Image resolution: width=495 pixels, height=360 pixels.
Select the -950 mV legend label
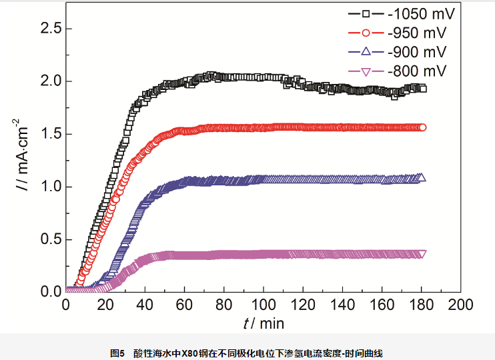click(x=418, y=33)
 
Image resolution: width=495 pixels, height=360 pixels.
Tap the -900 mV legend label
click(x=418, y=52)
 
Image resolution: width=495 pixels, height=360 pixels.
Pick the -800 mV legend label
click(x=418, y=71)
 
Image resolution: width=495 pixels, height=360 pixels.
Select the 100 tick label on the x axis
click(x=263, y=305)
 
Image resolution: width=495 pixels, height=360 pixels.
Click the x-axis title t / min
click(x=264, y=324)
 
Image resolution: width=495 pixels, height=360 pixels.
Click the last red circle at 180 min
click(x=422, y=127)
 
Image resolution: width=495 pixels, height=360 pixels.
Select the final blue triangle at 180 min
click(x=421, y=177)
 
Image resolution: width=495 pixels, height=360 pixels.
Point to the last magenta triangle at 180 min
click(x=422, y=254)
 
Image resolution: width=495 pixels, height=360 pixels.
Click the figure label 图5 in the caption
click(x=117, y=351)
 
